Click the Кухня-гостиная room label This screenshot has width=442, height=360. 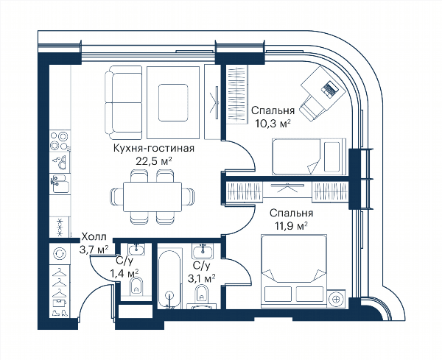point(154,148)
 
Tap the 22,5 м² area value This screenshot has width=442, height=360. point(154,161)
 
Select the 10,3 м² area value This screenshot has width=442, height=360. point(273,124)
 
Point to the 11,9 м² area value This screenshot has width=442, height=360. point(292,226)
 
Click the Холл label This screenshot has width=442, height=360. point(94,237)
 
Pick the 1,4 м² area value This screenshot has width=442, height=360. point(124,273)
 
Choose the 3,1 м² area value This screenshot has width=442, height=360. point(202,278)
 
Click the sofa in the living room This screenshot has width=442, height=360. point(124,103)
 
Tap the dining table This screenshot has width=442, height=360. point(152,197)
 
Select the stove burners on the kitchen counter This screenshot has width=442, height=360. point(60,141)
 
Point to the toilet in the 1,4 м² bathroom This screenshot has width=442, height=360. point(137,287)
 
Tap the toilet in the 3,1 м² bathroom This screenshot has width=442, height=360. point(201,294)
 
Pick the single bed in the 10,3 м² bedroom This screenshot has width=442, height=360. point(309,157)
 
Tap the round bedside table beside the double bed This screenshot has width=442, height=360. point(336,299)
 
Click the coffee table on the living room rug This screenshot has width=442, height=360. point(173,103)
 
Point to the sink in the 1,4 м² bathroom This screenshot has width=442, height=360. point(136,250)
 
